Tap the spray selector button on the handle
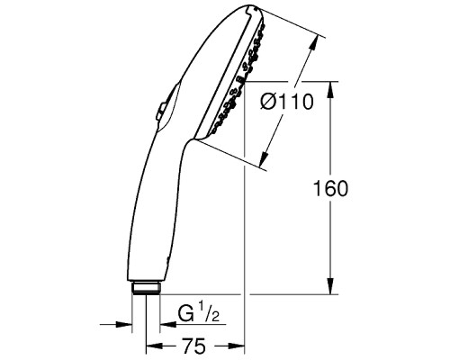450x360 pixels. coord(159,111)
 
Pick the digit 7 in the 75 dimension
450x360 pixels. coord(190,345)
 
